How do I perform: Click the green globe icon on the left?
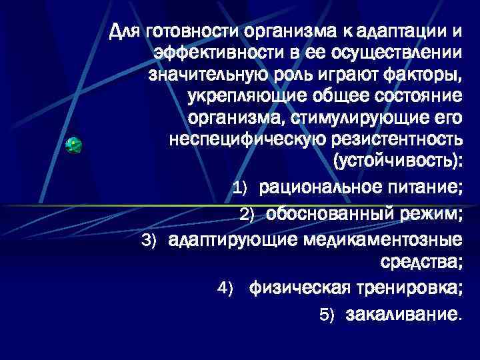click(x=74, y=145)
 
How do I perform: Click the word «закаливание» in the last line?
click(x=401, y=314)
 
